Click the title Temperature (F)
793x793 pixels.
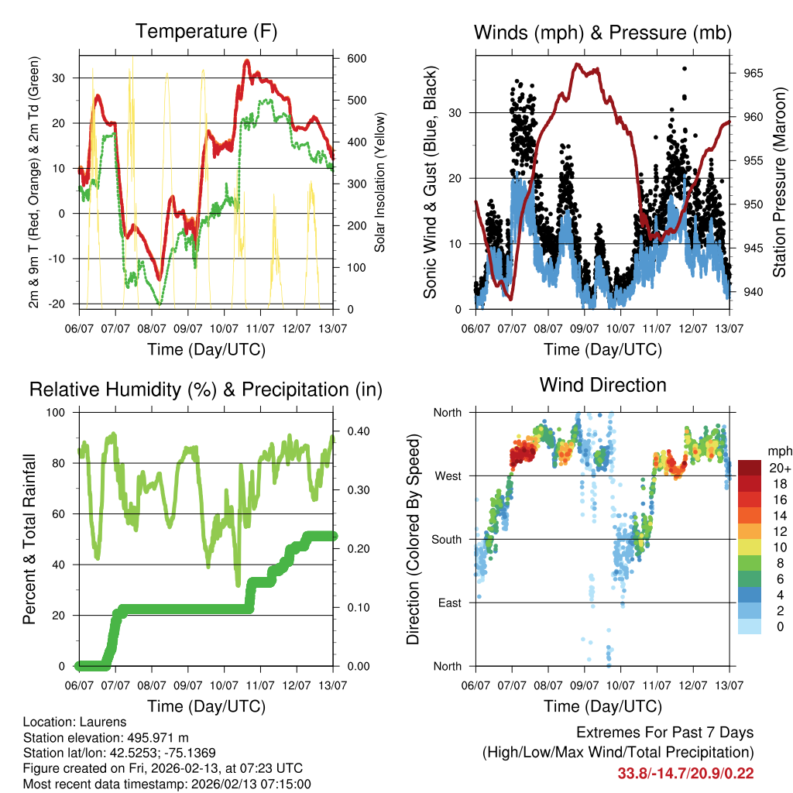click(206, 32)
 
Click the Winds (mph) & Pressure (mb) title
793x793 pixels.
click(602, 33)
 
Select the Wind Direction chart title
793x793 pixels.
click(602, 384)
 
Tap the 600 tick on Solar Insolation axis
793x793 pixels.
click(356, 59)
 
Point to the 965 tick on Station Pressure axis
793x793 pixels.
click(754, 74)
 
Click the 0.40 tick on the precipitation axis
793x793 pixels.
click(352, 431)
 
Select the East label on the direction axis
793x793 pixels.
click(448, 602)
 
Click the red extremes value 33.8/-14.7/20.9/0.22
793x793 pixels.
click(685, 773)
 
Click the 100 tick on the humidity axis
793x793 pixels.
click(62, 412)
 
